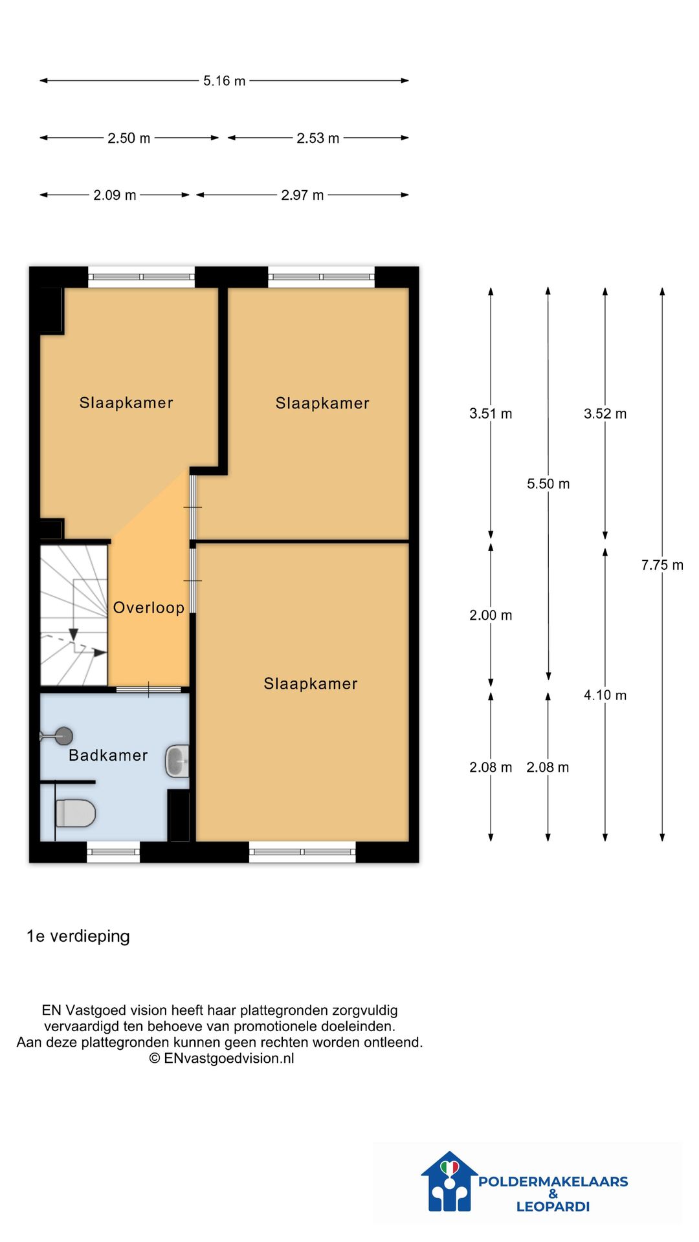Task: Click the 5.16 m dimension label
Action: click(224, 81)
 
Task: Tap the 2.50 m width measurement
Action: click(129, 138)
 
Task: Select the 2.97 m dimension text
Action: click(302, 195)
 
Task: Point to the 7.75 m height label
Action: click(662, 565)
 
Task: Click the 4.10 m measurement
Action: click(605, 695)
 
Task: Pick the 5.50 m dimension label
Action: click(548, 484)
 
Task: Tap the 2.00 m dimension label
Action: click(491, 615)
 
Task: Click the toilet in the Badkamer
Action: click(75, 813)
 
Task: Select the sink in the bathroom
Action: click(177, 761)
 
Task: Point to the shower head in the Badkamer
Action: click(57, 735)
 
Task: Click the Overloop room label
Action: click(149, 607)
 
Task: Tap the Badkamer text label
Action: click(108, 755)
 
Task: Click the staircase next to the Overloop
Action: click(74, 615)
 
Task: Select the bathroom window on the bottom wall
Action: click(113, 851)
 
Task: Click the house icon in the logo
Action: click(449, 1181)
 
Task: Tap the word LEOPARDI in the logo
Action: click(553, 1206)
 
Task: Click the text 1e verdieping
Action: click(78, 936)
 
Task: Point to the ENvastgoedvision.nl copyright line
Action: click(222, 1058)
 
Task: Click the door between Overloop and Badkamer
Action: click(149, 690)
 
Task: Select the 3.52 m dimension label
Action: click(605, 413)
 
